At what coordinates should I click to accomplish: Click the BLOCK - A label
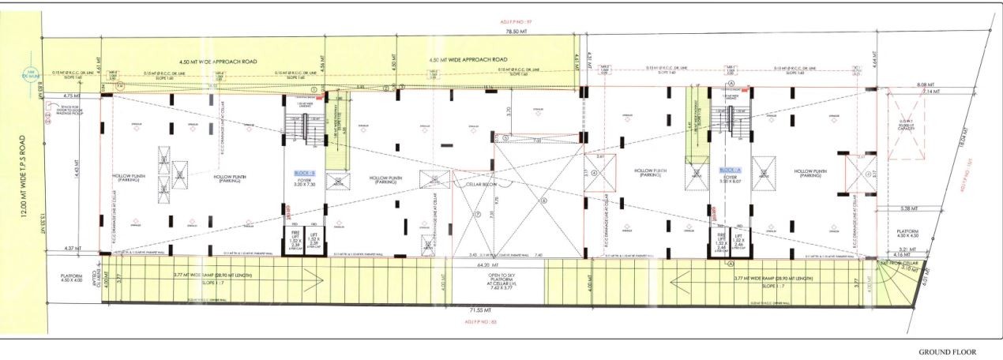(728, 170)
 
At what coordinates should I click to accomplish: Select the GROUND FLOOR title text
(947, 351)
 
